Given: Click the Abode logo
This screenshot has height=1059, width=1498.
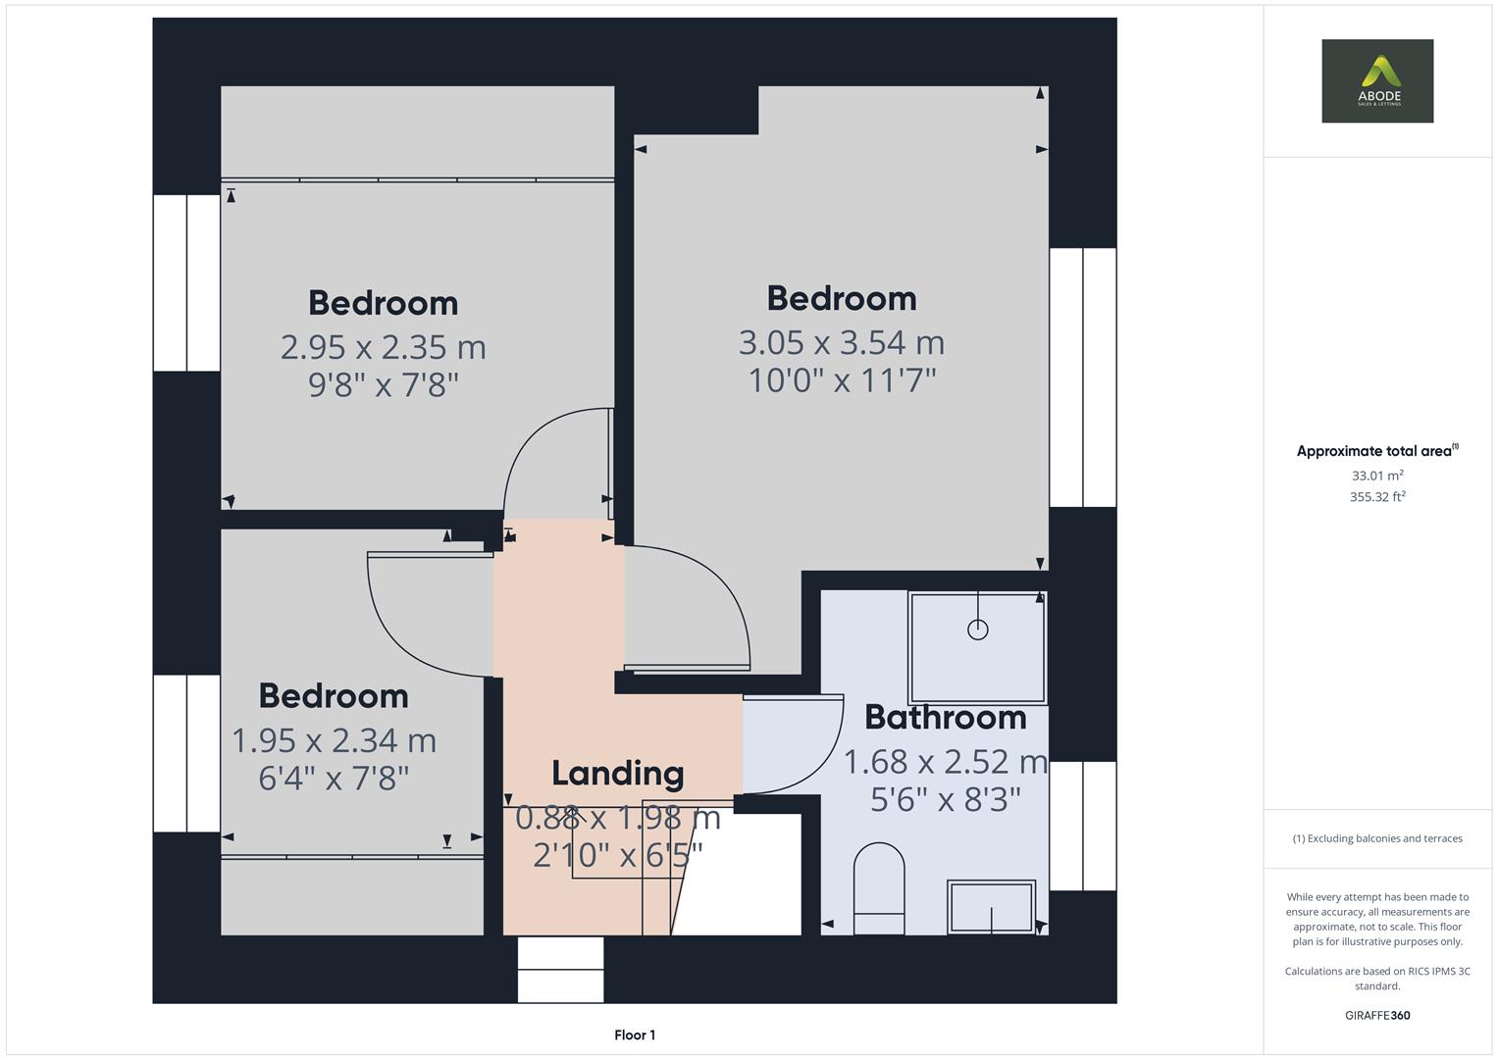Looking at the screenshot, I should (x=1377, y=80).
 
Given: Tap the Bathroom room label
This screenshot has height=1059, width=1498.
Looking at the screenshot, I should (x=945, y=718).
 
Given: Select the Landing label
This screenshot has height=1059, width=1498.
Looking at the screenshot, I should (x=617, y=774).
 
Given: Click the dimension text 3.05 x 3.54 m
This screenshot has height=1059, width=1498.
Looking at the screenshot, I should (x=841, y=342).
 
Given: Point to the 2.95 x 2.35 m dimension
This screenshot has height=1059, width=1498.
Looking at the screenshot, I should (x=383, y=347).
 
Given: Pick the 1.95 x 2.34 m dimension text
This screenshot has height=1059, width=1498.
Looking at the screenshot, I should (x=334, y=740).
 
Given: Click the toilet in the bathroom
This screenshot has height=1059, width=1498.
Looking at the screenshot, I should (x=879, y=887).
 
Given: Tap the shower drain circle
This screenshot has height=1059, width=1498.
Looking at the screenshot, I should (x=977, y=630).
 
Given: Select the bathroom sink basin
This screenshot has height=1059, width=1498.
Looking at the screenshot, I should (x=991, y=907).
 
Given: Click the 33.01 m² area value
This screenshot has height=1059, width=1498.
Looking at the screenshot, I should (x=1377, y=476).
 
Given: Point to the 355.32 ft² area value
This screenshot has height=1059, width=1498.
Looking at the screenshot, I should (x=1377, y=497).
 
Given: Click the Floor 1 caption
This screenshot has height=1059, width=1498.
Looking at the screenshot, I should (x=635, y=1034).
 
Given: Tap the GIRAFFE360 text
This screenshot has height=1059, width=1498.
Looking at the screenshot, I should (x=1377, y=1015).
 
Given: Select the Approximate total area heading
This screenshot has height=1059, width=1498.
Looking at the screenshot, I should (x=1376, y=451).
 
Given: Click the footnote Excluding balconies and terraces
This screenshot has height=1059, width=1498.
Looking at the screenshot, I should (x=1377, y=838).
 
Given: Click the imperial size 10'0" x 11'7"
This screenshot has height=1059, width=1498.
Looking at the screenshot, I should (x=842, y=380).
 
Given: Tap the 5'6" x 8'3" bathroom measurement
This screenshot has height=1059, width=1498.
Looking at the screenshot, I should (x=945, y=800).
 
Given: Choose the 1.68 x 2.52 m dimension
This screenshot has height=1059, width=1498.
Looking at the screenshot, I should (x=945, y=762).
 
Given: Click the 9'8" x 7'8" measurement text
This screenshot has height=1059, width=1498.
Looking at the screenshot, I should (x=383, y=384).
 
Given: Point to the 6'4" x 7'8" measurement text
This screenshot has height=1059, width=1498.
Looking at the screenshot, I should (x=334, y=779).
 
